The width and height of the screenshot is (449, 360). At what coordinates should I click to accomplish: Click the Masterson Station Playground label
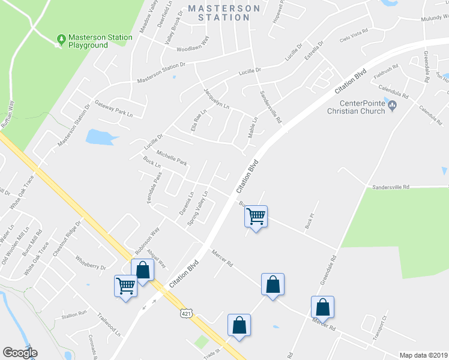tap(100, 41)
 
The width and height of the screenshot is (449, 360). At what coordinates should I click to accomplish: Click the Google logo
tap(20, 353)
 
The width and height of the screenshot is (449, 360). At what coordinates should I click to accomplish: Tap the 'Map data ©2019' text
tap(424, 355)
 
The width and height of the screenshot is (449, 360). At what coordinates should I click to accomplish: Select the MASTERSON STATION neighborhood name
tap(224, 13)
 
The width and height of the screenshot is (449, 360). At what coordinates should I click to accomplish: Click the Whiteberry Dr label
tap(91, 262)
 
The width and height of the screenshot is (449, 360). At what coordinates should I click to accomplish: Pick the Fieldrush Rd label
tap(386, 73)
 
